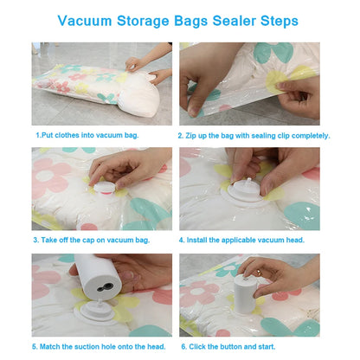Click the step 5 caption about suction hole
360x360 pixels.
click(96, 346)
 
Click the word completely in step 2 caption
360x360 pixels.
click(308, 135)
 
